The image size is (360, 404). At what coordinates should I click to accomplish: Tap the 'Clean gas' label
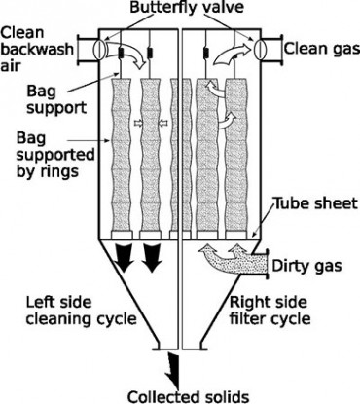(x=321, y=48)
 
